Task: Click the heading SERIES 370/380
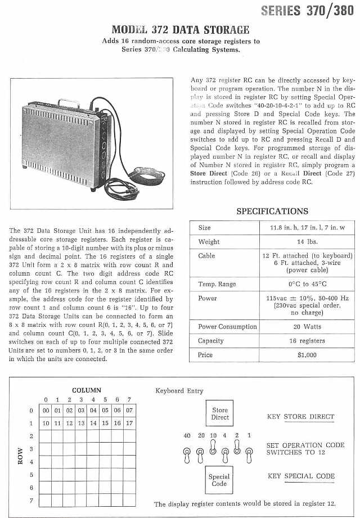tap(308, 11)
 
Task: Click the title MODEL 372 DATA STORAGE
tap(181, 30)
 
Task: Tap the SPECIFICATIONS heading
tap(272, 211)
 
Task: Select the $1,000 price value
tap(307, 355)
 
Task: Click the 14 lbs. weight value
tap(307, 242)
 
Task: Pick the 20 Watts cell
tap(307, 327)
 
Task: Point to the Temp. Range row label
tap(217, 284)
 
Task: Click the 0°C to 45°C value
tap(307, 284)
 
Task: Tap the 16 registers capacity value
tap(307, 341)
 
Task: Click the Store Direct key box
tap(219, 414)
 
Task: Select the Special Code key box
tap(219, 480)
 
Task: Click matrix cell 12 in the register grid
tap(69, 423)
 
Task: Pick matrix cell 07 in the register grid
tap(129, 411)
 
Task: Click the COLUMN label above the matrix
tap(87, 390)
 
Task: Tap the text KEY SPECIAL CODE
tap(301, 476)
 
